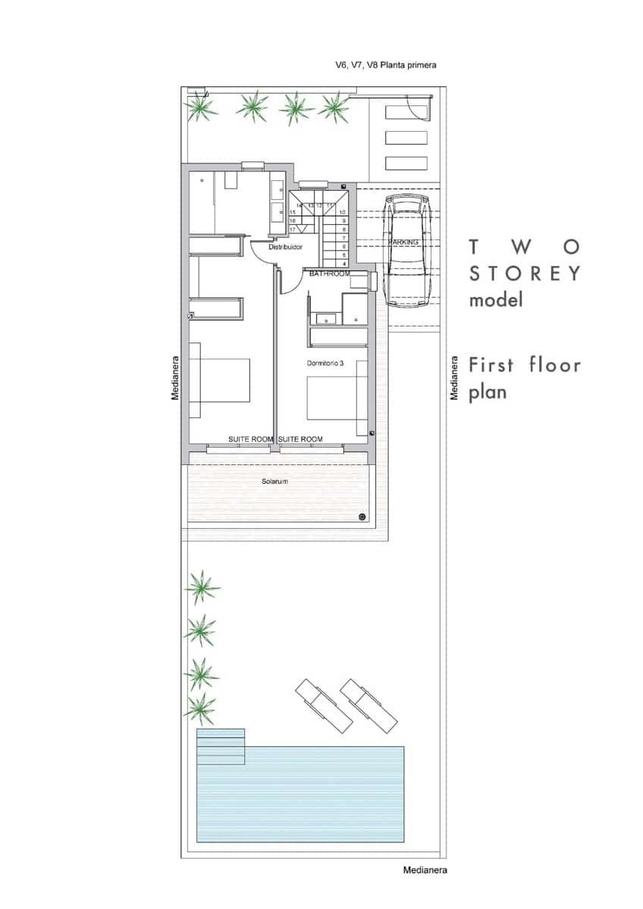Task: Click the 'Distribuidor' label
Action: (x=286, y=247)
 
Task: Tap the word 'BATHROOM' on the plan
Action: (x=330, y=273)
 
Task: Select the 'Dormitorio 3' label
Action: (x=325, y=364)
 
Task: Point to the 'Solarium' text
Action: (x=274, y=481)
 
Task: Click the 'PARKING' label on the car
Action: (x=404, y=242)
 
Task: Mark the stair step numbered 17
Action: (x=293, y=229)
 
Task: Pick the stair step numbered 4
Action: (x=344, y=264)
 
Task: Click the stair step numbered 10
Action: (x=343, y=213)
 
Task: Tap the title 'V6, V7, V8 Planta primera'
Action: (x=386, y=66)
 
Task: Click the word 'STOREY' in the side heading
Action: (x=525, y=273)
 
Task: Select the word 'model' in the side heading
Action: (x=496, y=300)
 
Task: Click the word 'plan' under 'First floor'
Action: (x=487, y=392)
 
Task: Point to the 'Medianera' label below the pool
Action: (x=425, y=870)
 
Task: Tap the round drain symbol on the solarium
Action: (x=362, y=517)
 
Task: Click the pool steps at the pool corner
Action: (x=221, y=747)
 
